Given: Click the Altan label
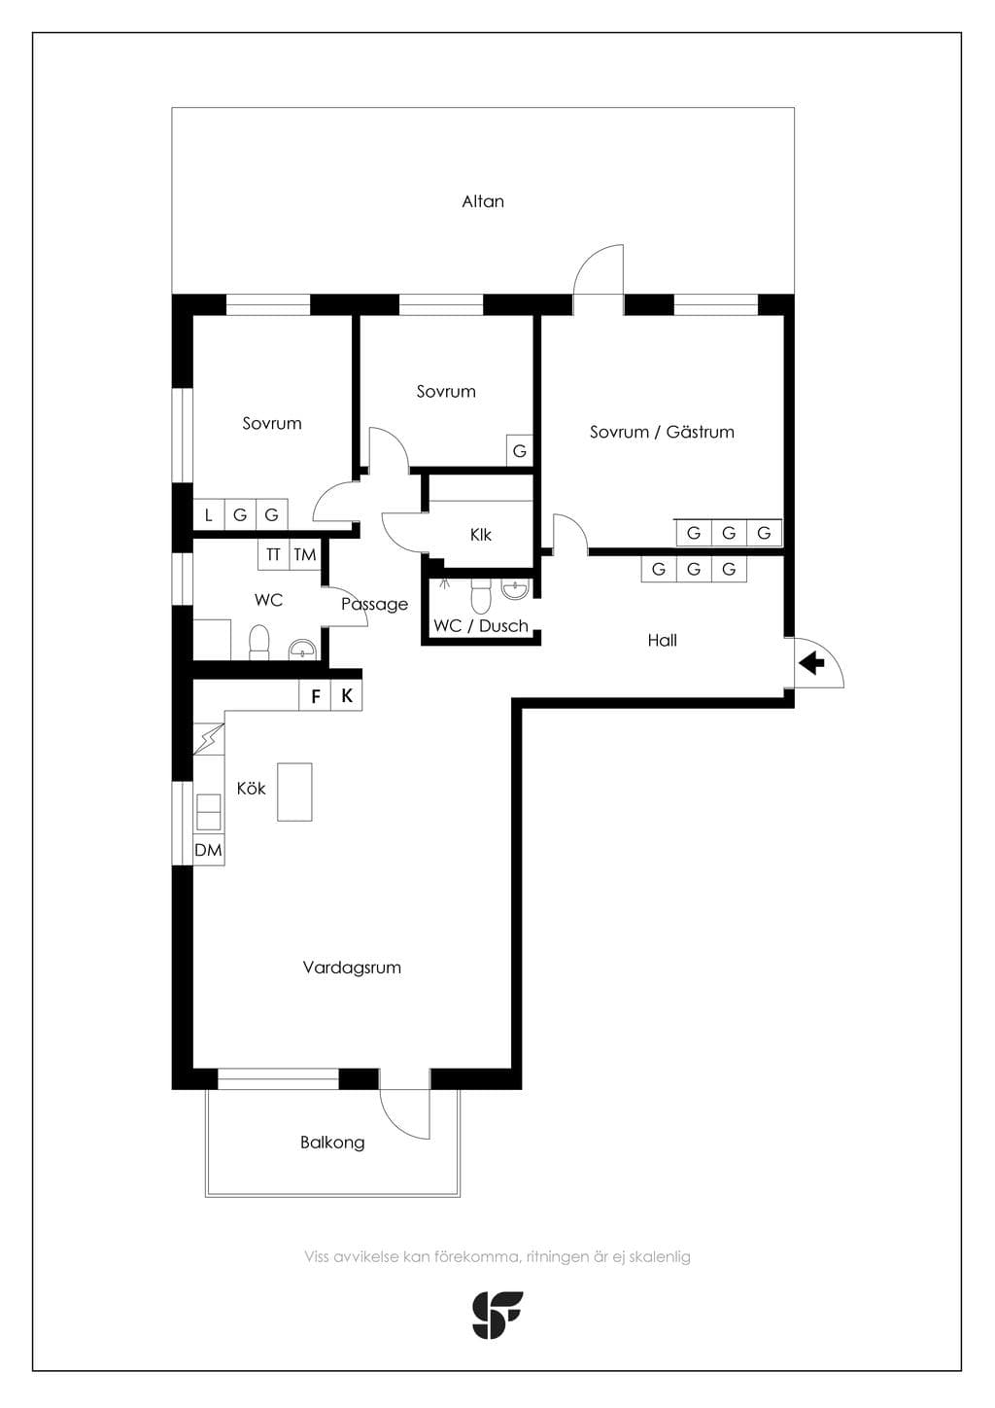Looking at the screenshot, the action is (x=483, y=202).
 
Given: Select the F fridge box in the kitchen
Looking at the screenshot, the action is (x=316, y=696).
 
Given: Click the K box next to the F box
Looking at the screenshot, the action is (x=347, y=696).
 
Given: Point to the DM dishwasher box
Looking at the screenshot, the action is (x=208, y=851).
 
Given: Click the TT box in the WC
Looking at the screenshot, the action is (x=273, y=554).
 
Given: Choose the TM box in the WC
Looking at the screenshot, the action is (x=305, y=554).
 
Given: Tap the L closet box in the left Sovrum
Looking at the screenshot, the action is (x=209, y=515).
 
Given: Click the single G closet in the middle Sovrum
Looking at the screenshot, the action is (x=520, y=450).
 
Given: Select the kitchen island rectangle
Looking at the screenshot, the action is (x=294, y=792).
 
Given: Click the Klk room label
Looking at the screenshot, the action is (x=481, y=535).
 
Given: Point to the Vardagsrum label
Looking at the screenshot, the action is (x=352, y=968).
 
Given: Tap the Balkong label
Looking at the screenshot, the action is (x=332, y=1143).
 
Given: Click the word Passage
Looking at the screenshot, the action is (x=374, y=604).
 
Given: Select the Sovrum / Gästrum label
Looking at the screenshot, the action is (x=662, y=432).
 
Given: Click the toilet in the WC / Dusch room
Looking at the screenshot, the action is (x=481, y=595).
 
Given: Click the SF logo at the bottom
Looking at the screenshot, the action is (x=497, y=1316).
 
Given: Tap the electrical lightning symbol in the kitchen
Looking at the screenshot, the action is (x=209, y=739).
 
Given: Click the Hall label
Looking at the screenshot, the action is (x=662, y=641).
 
